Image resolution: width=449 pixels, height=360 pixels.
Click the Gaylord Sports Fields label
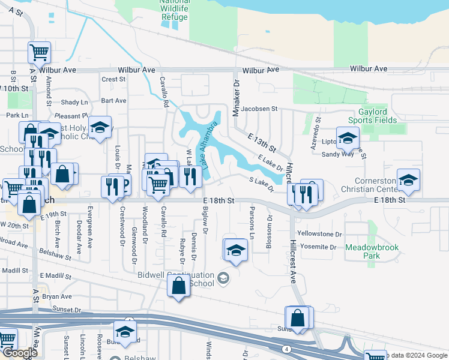377,116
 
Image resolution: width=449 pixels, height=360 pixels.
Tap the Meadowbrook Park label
363,251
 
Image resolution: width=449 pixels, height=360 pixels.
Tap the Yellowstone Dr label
319,235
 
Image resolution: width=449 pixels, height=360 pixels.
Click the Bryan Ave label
56,296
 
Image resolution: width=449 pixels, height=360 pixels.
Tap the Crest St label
113,79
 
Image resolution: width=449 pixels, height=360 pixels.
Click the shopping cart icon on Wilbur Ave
39,53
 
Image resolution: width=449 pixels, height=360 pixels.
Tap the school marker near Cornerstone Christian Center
408,180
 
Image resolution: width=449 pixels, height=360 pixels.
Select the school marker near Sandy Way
348,138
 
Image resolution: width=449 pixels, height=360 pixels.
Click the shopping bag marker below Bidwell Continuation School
179,287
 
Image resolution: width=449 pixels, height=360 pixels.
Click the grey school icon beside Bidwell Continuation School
224,277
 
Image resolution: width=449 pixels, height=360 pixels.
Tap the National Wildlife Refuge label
174,8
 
